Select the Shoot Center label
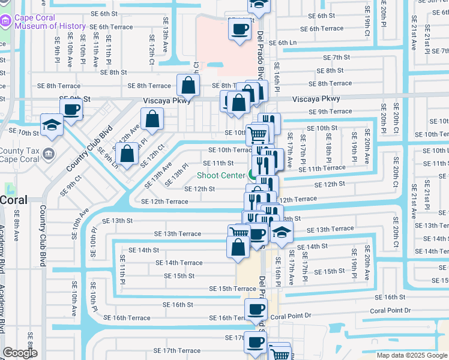pyautogui.click(x=220, y=175)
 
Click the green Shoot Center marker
pyautogui.click(x=252, y=175)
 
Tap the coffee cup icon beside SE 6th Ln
pyautogui.click(x=240, y=29)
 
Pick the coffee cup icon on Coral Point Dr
pyautogui.click(x=256, y=310)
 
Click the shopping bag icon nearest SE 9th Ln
pyautogui.click(x=128, y=154)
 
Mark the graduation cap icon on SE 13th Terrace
pyautogui.click(x=281, y=231)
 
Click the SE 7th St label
pyautogui.click(x=336, y=58)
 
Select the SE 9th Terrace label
pyautogui.click(x=330, y=112)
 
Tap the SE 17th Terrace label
pyautogui.click(x=177, y=350)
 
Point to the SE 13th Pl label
pyautogui.click(x=181, y=174)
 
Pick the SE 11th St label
pyautogui.click(x=218, y=163)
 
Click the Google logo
pyautogui.click(x=19, y=353)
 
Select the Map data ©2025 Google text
pyautogui.click(x=411, y=355)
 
